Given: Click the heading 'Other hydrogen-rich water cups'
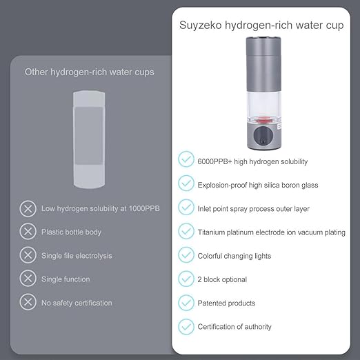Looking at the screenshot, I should point(89,72).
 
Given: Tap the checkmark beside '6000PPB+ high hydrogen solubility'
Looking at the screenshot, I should point(186,159).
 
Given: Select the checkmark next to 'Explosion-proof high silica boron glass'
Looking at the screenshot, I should point(186,183).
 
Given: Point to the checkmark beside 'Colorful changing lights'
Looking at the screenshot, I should point(186,255).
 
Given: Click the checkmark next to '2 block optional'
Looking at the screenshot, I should point(186,279).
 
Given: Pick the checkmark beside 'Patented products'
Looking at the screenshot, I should point(186,303).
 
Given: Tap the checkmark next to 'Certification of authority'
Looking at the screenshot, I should point(186,326).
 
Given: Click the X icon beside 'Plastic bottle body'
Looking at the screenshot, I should point(28,231).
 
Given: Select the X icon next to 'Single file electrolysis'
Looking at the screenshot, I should point(28,255).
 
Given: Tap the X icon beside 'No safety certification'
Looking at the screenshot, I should point(28,302).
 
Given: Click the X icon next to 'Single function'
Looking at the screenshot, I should point(28,279).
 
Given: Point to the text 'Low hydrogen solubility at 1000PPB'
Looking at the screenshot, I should point(101,208).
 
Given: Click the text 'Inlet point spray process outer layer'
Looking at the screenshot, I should point(253,208).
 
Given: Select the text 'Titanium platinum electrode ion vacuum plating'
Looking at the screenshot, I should point(271,232).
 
